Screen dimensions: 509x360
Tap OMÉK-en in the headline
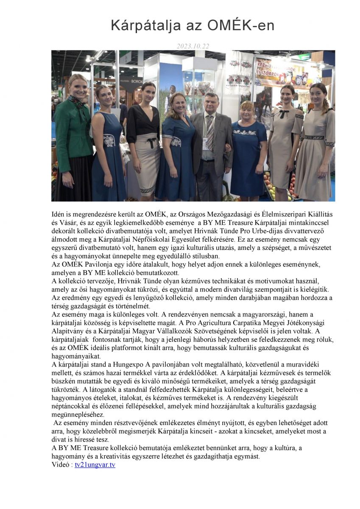click(x=241, y=26)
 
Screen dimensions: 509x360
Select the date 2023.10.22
click(x=193, y=46)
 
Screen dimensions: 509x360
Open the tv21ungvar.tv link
click(x=95, y=465)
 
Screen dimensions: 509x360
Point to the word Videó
click(x=61, y=465)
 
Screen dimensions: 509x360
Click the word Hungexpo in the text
click(x=129, y=364)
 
